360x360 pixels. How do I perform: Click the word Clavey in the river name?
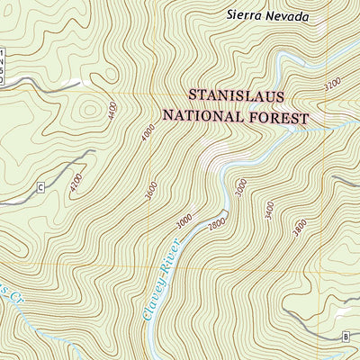pyautogui.click(x=152, y=291)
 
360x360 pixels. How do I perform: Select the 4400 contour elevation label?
pyautogui.click(x=112, y=112)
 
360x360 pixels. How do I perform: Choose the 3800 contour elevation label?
pyautogui.click(x=300, y=229)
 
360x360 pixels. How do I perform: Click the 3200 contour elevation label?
pyautogui.click(x=331, y=85)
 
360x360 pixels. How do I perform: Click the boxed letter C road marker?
pyautogui.click(x=40, y=187)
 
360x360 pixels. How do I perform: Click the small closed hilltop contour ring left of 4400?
pyautogui.click(x=88, y=111)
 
